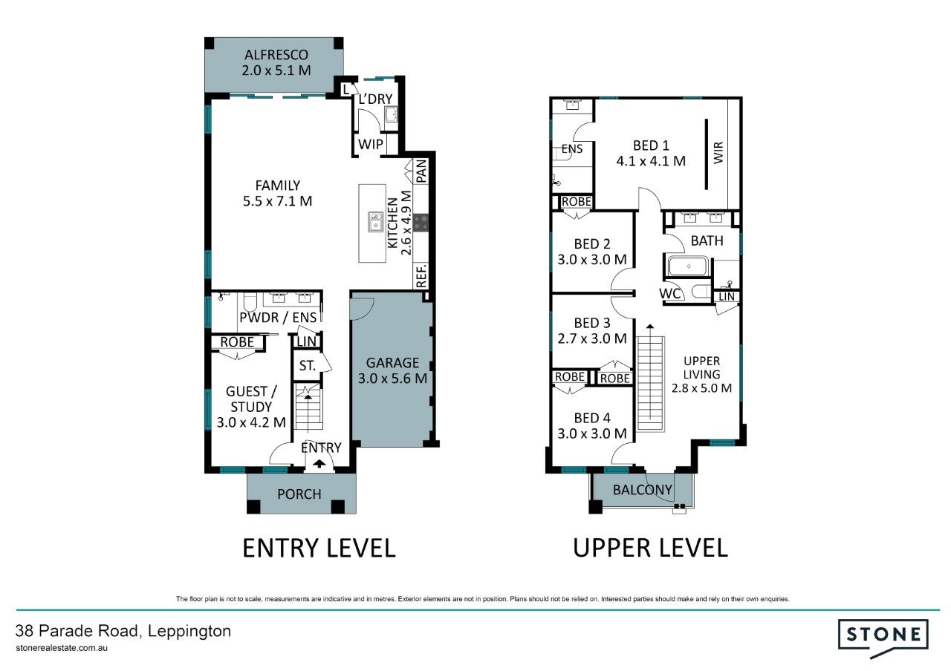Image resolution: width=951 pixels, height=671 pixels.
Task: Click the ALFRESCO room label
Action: pos(276,55)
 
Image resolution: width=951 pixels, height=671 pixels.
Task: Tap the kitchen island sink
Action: pos(375,222)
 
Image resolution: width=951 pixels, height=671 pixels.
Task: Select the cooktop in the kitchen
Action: pos(421,223)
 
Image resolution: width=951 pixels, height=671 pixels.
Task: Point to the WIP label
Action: pos(371,144)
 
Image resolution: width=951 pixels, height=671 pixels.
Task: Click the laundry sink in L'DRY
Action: pos(391,114)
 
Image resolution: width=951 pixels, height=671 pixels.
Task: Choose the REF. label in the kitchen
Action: pos(421,275)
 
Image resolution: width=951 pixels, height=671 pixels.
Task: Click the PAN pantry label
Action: pos(421,171)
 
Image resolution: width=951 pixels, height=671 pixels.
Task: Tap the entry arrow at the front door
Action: pos(319,464)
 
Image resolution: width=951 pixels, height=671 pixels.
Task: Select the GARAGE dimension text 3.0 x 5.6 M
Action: pos(392,379)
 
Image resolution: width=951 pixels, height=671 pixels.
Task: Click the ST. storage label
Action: pos(308,366)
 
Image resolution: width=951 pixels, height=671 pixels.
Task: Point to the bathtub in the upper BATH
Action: pos(688,266)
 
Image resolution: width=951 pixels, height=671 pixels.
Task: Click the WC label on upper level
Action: pos(670,293)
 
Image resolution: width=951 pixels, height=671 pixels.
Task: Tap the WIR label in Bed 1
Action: pos(718,153)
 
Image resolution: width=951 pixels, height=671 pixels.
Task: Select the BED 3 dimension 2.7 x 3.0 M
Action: pos(592,338)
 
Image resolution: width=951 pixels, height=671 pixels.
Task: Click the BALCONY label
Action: pos(643,490)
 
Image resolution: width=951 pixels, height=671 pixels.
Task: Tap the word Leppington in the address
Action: pos(189,631)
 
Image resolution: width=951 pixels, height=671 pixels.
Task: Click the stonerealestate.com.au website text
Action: pos(62,648)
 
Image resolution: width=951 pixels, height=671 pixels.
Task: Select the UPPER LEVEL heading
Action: pos(650,548)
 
